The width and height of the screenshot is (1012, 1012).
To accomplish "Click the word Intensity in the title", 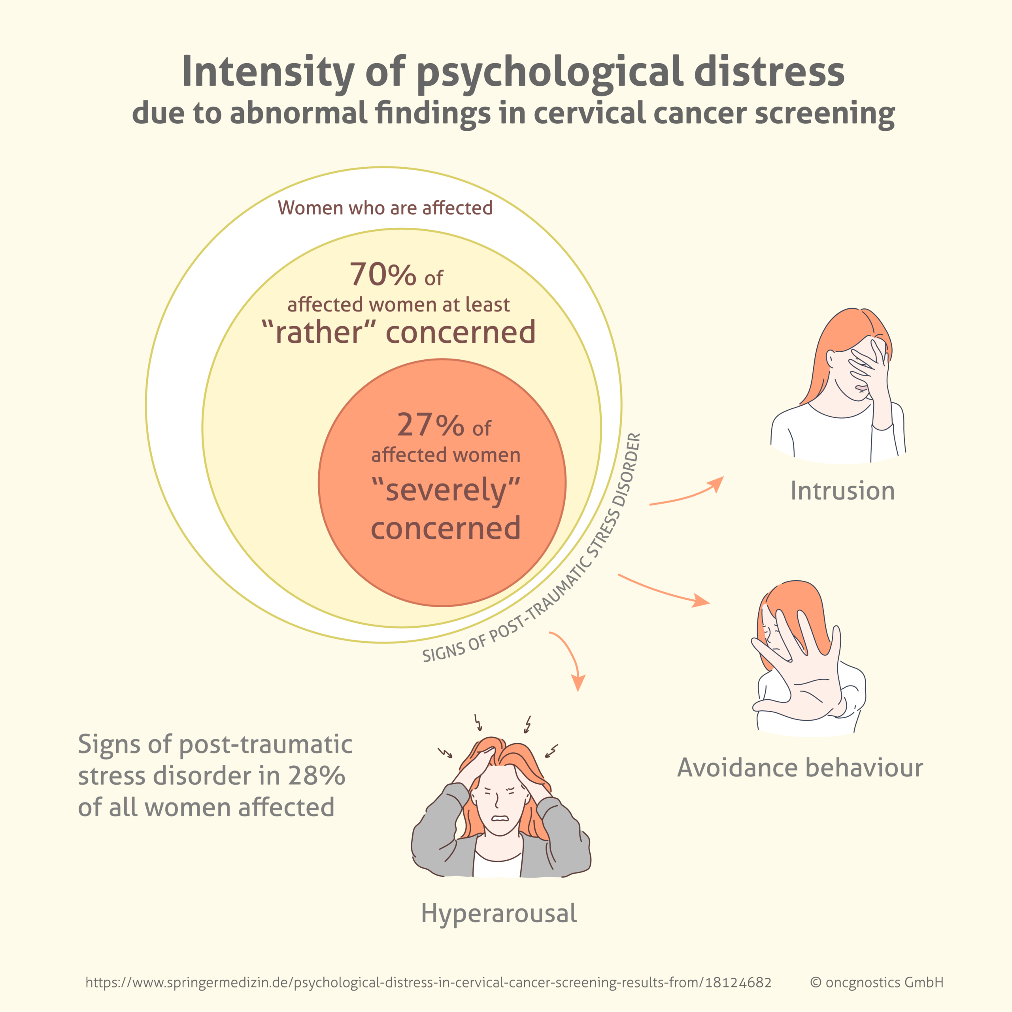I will [x=267, y=72].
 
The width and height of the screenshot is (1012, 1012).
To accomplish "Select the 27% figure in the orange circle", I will [x=430, y=425].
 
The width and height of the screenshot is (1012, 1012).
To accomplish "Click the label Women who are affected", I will [x=385, y=208].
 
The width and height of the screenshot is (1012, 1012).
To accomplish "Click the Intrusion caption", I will [x=842, y=491].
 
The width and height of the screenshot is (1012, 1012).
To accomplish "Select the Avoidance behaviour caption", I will [x=800, y=768].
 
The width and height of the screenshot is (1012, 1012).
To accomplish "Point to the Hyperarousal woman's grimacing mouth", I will [x=500, y=819].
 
